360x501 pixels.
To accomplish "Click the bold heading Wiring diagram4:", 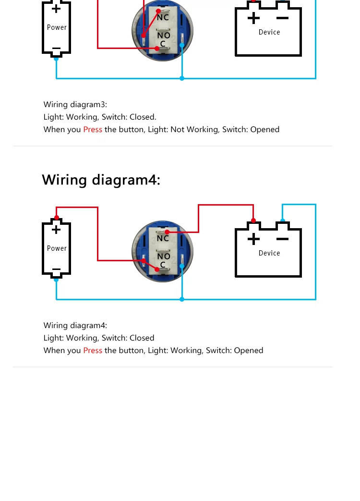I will point(101,180).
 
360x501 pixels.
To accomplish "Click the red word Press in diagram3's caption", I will point(93,130).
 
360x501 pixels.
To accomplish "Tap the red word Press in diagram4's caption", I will point(93,351).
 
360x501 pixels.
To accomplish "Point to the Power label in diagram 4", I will point(57,248).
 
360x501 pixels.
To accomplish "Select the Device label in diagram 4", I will point(269,253).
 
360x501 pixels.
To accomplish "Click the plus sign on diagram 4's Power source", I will point(56,230).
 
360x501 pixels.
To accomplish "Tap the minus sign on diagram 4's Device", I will point(283,239).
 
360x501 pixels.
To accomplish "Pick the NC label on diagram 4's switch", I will point(163,238).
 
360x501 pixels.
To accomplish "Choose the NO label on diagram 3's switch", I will point(164,36).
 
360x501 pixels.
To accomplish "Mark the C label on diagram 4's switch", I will point(163,265).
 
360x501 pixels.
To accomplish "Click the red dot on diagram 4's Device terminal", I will point(253,221).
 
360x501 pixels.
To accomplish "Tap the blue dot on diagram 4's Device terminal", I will point(283,221).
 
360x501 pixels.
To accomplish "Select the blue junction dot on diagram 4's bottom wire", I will point(182,299).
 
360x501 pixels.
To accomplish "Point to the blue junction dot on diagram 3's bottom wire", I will point(182,78).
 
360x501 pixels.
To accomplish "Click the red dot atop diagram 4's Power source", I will point(56,218).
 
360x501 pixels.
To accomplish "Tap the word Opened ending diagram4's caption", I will point(249,351).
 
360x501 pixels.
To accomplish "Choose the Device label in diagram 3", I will point(269,32).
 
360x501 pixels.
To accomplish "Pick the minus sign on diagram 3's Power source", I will point(56,49).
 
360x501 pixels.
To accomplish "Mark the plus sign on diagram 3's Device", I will point(253,18).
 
